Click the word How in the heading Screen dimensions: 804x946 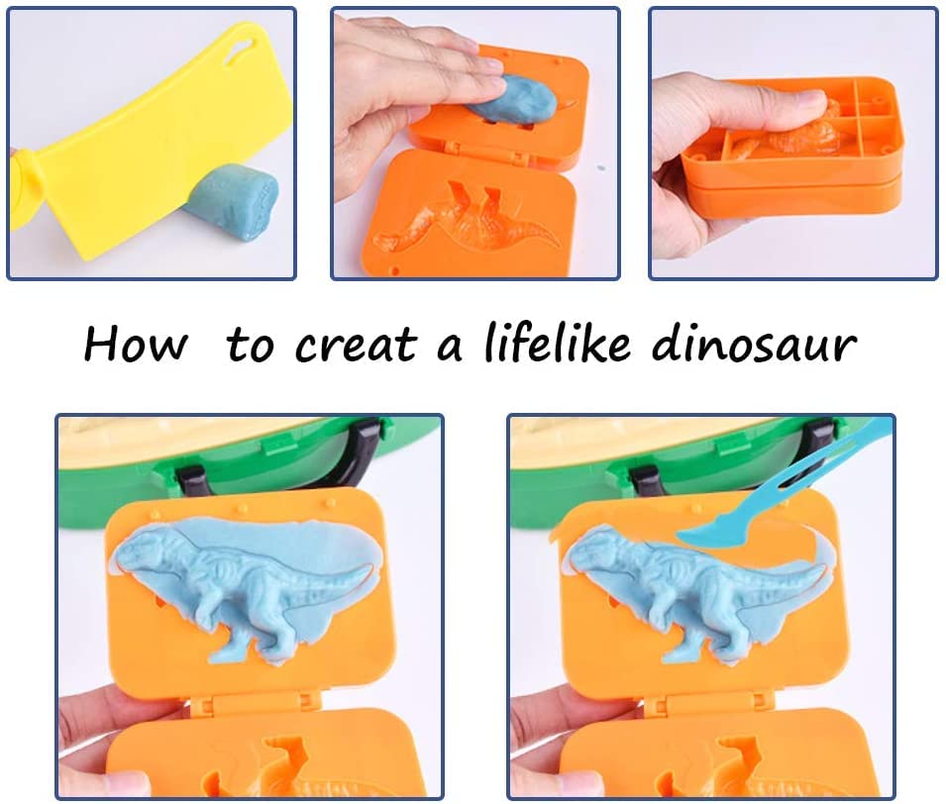coord(135,345)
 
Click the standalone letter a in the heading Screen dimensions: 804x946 coord(451,349)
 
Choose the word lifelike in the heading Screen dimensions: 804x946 coord(562,345)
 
